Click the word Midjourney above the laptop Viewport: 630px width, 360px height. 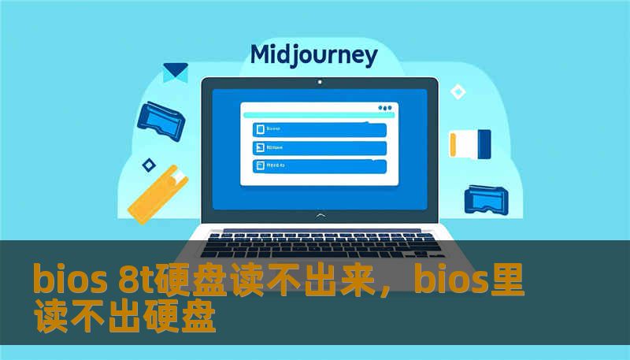[313, 55]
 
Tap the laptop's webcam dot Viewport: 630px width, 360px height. [319, 82]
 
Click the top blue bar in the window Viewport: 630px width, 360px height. [319, 128]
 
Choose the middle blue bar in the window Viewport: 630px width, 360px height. [319, 147]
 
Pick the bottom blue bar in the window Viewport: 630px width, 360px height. [319, 166]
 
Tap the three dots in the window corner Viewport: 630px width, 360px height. [384, 108]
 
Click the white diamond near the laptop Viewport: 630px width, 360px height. [457, 92]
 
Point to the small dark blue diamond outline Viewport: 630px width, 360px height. [148, 165]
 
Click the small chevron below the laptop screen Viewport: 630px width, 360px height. [319, 214]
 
